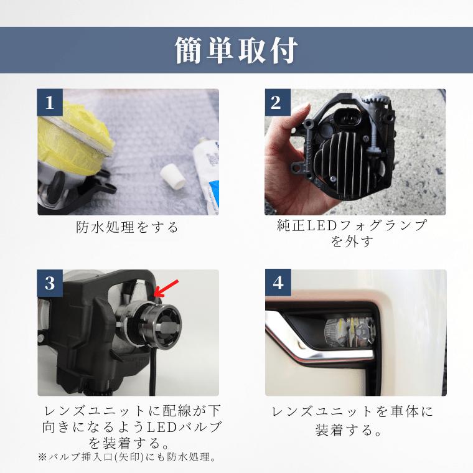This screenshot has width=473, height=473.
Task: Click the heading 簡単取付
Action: pyautogui.click(x=236, y=50)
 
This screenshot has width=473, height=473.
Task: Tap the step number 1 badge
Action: pyautogui.click(x=50, y=102)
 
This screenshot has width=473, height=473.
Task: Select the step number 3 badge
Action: pyautogui.click(x=50, y=283)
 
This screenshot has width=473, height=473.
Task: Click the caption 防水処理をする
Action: pyautogui.click(x=128, y=227)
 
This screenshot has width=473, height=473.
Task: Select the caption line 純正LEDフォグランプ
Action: pyautogui.click(x=352, y=225)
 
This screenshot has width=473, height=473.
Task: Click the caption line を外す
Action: pyautogui.click(x=352, y=241)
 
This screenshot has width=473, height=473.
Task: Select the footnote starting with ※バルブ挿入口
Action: pyautogui.click(x=127, y=457)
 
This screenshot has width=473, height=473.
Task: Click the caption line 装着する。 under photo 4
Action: pyautogui.click(x=352, y=429)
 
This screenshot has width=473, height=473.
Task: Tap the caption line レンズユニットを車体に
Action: pyautogui.click(x=352, y=411)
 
